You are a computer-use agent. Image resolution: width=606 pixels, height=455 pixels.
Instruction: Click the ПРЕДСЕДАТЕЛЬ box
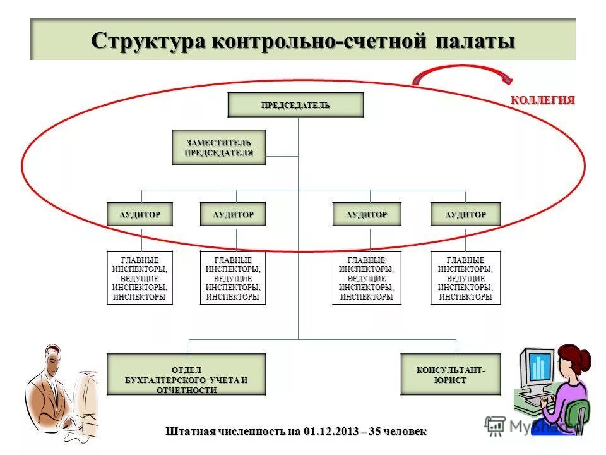pos(295,105)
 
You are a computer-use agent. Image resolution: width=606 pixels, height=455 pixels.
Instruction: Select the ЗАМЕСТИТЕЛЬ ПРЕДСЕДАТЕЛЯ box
pos(218,147)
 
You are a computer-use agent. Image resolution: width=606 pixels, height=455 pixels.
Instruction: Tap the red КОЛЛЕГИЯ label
pos(542,100)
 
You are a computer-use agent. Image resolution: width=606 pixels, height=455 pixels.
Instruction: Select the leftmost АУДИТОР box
pos(140,214)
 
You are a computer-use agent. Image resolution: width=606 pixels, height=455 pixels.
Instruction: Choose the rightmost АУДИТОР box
pos(465,214)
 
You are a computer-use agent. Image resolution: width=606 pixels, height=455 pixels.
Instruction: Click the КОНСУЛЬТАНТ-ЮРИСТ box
pos(451,374)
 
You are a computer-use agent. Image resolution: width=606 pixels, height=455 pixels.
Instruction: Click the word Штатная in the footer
pos(189,432)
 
